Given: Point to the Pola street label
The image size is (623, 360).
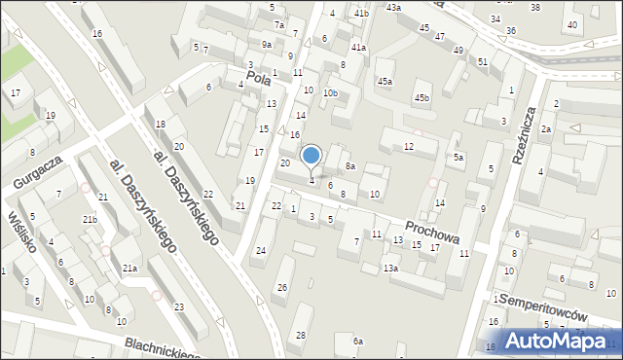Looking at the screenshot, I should coord(258,79).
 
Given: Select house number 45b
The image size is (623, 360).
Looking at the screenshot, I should coord(421,97).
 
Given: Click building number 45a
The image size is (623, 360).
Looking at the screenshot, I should coord(385,81).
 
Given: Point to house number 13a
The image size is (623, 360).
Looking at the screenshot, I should coord(390,268).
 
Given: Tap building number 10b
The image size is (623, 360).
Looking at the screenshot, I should coord(331,93).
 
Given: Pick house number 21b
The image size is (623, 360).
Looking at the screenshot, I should coord(90,220).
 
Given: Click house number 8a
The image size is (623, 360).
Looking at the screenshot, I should coord(349,166).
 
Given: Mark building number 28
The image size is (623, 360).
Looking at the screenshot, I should coord(300,335).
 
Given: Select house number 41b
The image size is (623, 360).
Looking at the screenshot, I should coord(361,13).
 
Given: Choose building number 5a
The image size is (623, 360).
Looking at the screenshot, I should coord(458,157).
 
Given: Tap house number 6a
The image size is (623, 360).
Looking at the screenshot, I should coord(357,341).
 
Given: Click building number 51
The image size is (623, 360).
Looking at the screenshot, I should coord(483,61).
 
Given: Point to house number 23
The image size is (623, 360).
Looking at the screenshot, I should coord(178,307).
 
